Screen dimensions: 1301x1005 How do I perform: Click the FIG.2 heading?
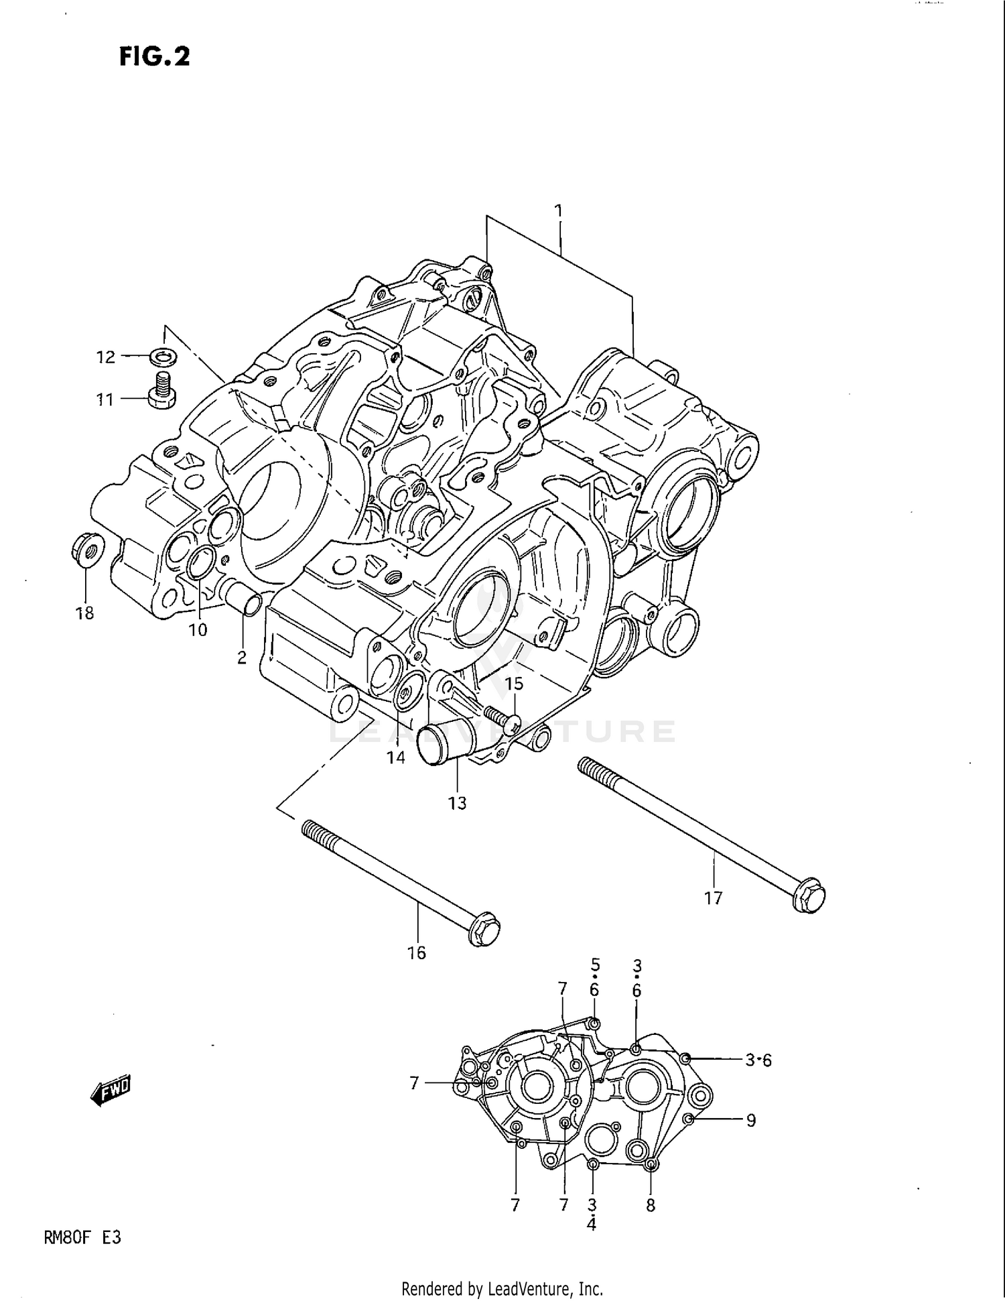(155, 57)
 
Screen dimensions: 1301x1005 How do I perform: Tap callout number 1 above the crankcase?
(558, 211)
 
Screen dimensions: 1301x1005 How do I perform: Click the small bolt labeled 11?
(161, 391)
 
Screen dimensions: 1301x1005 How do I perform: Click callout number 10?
(198, 630)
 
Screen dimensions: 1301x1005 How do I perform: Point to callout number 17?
(713, 897)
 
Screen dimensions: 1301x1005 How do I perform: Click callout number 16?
(416, 952)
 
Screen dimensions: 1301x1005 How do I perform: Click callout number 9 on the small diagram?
(751, 1120)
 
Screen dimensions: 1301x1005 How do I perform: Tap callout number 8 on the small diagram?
(650, 1205)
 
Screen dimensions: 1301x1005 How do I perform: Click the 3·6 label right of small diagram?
(758, 1060)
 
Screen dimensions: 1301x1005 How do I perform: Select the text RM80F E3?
(82, 1237)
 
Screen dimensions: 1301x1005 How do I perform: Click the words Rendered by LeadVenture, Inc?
(502, 1288)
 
